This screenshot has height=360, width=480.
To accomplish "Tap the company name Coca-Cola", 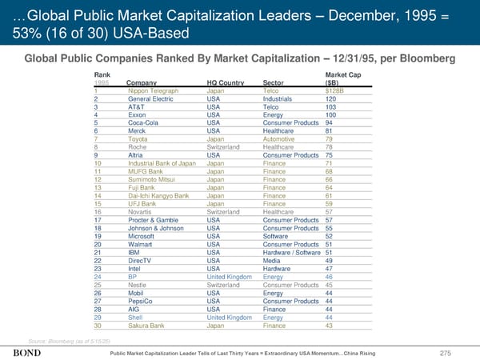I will coord(144,122).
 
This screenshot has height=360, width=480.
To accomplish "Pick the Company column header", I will coord(141,82).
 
